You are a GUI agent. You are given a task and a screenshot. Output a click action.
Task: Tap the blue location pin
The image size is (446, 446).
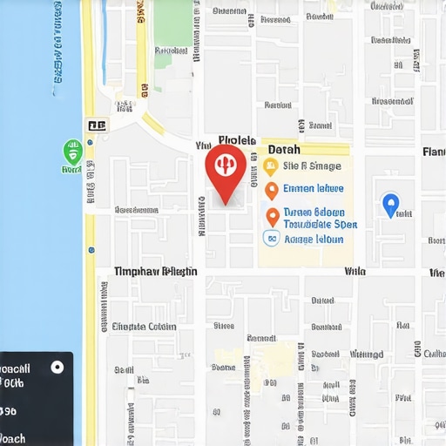click(x=391, y=205)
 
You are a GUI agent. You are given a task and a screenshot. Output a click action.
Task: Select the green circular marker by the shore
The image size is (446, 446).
click(x=73, y=153)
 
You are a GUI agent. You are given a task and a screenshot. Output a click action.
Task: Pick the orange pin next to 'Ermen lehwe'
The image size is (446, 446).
click(x=271, y=189)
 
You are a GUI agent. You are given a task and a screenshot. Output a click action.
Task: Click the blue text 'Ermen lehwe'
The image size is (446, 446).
click(x=314, y=188)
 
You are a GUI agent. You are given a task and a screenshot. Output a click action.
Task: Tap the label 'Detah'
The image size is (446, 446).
click(x=284, y=150)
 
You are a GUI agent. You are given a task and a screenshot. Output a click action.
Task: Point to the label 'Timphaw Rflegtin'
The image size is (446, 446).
click(x=155, y=272)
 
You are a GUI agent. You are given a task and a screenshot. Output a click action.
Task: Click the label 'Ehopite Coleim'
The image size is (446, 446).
click(x=144, y=328)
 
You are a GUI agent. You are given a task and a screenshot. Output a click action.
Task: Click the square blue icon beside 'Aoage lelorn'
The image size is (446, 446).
click(x=271, y=238)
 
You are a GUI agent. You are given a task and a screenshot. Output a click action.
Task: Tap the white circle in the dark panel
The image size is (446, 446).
click(x=57, y=367)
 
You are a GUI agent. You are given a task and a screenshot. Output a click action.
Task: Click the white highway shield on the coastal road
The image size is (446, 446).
click(x=96, y=126)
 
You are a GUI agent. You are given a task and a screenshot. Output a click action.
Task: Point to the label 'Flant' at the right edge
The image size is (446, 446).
click(x=433, y=152)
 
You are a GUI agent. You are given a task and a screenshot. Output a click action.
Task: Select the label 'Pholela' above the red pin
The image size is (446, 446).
click(x=237, y=139)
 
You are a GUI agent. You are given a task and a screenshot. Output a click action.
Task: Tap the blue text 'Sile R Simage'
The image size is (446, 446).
click(x=313, y=166)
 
